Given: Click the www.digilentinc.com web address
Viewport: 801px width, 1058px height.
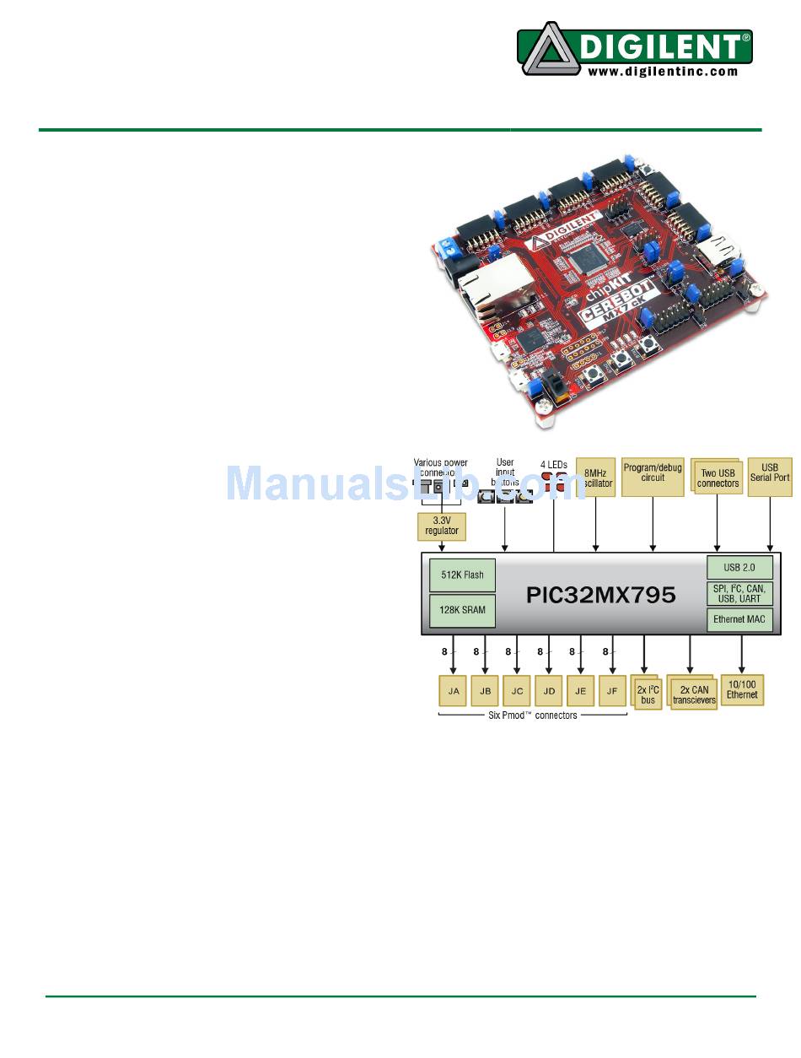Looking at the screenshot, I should pos(663,72).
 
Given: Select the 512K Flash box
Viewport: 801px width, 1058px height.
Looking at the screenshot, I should pos(462,575).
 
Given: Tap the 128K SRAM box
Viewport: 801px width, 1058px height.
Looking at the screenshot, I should pos(462,610).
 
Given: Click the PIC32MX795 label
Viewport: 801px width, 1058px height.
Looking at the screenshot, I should pos(600,594).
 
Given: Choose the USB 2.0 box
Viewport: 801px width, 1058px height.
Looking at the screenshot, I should pos(739,568).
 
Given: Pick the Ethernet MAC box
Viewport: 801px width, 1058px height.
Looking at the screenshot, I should pos(739,620).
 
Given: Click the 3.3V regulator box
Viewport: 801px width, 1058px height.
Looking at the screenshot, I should pos(442,526).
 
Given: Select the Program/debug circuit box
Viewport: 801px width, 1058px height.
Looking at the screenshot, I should pos(653,477).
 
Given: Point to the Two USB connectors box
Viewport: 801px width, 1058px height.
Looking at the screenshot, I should pos(718,478).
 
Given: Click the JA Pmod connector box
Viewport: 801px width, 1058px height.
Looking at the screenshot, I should pos(454,691).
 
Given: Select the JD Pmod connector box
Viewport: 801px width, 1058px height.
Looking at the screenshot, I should pos(549,691).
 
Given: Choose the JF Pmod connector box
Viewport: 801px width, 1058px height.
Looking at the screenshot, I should pos(612,691).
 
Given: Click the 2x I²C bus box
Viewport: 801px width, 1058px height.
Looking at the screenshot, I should pos(648,694).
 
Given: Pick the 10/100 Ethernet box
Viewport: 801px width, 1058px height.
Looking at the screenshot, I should pos(742,689).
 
